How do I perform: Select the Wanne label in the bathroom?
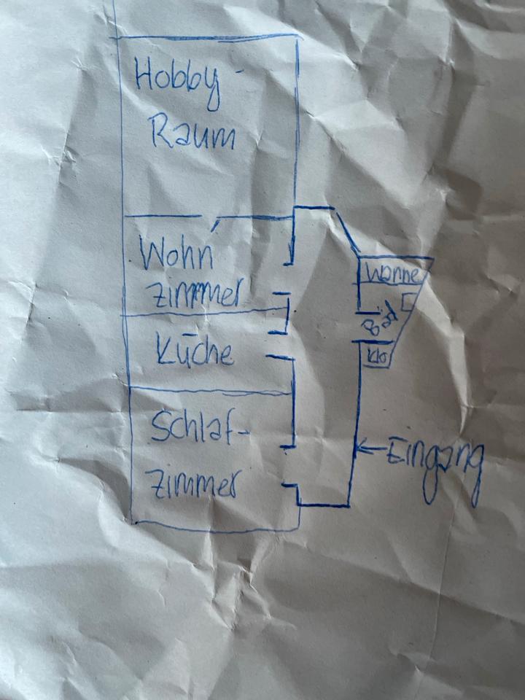pyautogui.click(x=392, y=276)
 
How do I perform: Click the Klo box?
pyautogui.click(x=378, y=357)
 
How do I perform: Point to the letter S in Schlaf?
pyautogui.click(x=158, y=429)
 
